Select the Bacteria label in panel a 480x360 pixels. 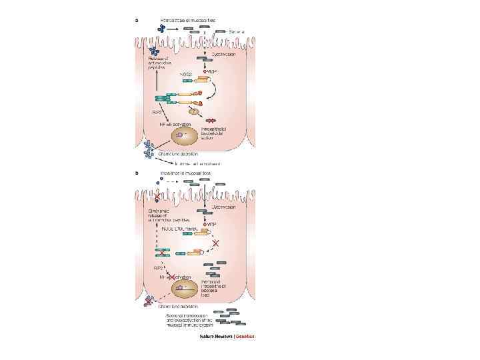pos(238,31)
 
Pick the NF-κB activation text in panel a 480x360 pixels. pos(175,125)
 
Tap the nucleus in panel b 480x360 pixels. pos(187,289)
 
